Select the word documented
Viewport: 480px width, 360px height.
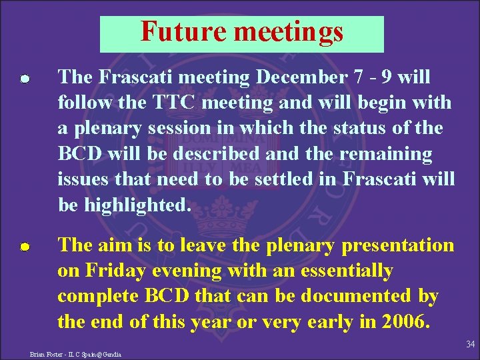point(356,296)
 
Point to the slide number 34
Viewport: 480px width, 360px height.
point(470,344)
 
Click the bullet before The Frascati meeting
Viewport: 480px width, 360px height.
point(23,79)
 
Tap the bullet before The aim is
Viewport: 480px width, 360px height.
point(23,247)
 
